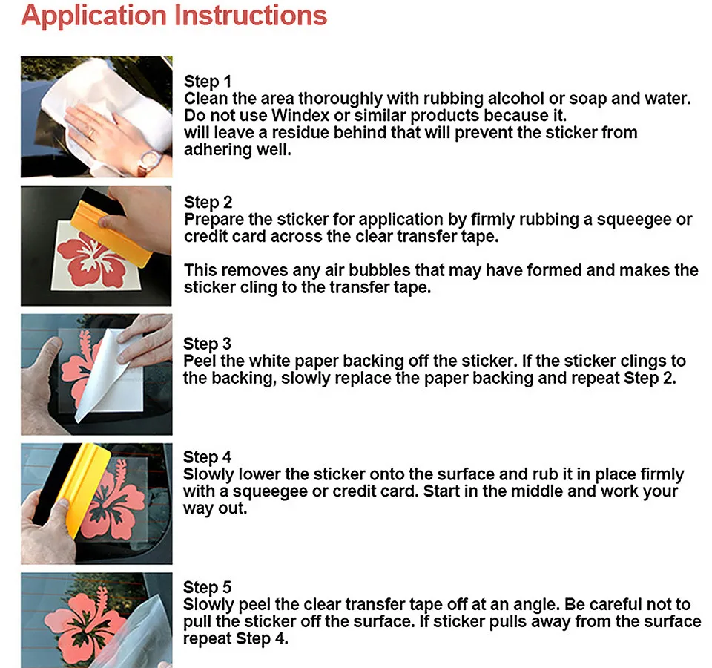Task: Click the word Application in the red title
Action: click(93, 16)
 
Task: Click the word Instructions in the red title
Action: click(251, 15)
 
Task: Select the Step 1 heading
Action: click(208, 82)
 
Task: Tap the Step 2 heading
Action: click(208, 202)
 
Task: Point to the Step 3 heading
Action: click(207, 344)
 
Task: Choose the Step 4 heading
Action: click(207, 457)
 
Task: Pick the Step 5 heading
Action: click(207, 588)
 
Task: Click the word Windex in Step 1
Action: click(300, 116)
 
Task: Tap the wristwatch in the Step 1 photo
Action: click(150, 162)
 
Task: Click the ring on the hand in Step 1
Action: click(90, 134)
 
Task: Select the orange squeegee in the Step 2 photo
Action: click(111, 234)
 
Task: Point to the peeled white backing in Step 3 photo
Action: click(105, 373)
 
